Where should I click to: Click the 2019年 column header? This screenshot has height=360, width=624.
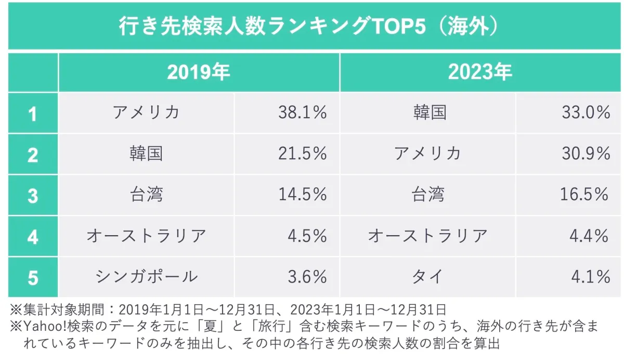click(x=199, y=72)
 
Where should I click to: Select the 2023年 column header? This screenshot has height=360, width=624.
click(x=480, y=72)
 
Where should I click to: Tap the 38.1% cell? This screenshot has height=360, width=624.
click(x=302, y=112)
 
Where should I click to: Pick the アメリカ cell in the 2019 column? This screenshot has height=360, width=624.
click(x=146, y=112)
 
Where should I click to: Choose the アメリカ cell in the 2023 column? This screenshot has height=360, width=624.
click(x=427, y=153)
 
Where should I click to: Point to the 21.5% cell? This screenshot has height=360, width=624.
click(x=302, y=153)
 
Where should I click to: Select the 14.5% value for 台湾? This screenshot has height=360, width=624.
click(x=302, y=195)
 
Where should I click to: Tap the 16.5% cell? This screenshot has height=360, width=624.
click(x=584, y=195)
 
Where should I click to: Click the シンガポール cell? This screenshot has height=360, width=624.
click(x=146, y=277)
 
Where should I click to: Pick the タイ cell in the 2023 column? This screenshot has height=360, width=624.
click(x=427, y=277)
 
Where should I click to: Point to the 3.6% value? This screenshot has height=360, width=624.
click(x=307, y=277)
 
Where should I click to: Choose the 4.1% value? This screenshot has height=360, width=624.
click(x=590, y=277)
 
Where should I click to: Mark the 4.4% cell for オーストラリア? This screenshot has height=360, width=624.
click(x=590, y=236)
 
